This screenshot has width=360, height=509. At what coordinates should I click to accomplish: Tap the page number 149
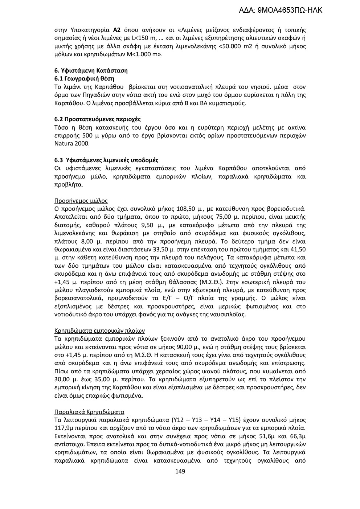180,471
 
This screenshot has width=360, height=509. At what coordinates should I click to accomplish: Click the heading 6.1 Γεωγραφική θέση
84,79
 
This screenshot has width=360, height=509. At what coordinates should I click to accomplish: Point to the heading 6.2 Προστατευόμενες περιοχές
97,119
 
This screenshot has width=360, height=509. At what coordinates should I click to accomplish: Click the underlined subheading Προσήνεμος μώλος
81,201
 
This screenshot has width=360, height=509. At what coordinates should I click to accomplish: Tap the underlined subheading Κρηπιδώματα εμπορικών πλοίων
99,331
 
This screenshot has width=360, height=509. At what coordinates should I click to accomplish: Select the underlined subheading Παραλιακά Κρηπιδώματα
89,412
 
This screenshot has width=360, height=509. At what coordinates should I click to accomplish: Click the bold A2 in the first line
117,30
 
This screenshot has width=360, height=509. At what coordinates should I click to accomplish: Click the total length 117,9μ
64,428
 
